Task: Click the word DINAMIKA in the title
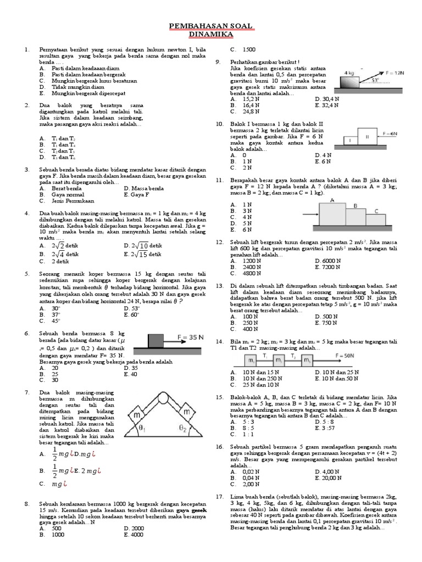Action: [x=211, y=34]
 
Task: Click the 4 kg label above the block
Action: [x=348, y=72]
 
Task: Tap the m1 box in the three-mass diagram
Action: [x=251, y=361]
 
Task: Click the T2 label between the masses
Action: [x=293, y=356]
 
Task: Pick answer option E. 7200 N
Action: [x=327, y=267]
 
